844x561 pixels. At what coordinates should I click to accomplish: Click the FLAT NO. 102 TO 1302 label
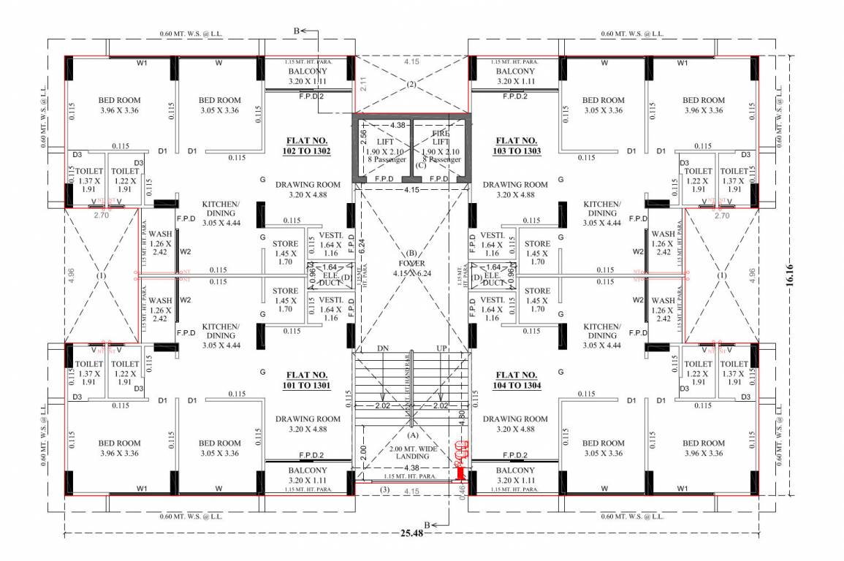click(x=306, y=145)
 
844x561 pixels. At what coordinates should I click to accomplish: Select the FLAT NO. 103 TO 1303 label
click(x=518, y=145)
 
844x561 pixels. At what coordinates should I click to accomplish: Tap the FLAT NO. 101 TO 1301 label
click(x=306, y=380)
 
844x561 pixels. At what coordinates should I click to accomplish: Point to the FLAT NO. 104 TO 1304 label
click(x=518, y=380)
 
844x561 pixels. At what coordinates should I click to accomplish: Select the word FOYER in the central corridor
click(x=411, y=263)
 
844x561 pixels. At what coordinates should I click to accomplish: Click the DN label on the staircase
click(x=382, y=349)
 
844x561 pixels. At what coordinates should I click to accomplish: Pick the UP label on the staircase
click(x=441, y=349)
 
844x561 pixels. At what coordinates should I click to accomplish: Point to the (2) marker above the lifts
click(x=411, y=85)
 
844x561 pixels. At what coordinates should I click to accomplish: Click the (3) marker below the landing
click(x=385, y=491)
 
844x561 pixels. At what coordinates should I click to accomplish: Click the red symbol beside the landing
click(x=460, y=460)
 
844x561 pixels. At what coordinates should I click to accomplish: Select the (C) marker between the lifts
click(x=420, y=166)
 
